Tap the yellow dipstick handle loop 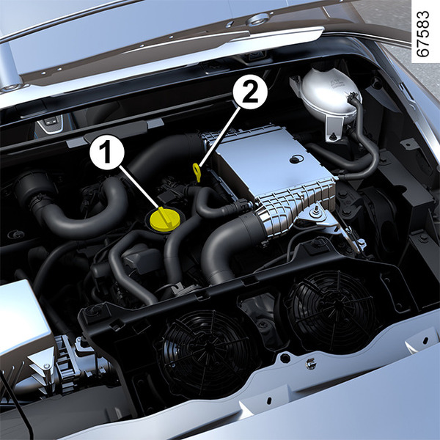(x=197, y=172)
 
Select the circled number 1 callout (x=107, y=153)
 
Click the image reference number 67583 (x=422, y=34)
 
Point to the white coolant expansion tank (x=329, y=94)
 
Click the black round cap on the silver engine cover (x=296, y=159)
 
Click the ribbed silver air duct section (x=298, y=205)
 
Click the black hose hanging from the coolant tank (x=364, y=140)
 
